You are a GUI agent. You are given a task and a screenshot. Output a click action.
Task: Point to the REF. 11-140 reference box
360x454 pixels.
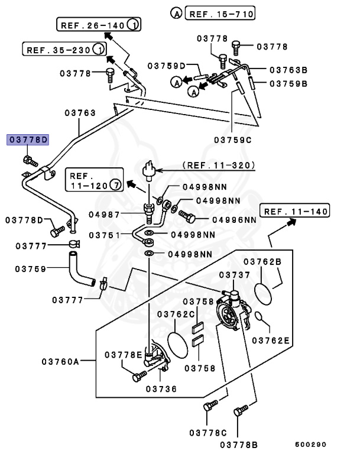[x=295, y=211]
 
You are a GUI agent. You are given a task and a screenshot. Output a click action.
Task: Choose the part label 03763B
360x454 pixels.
[x=289, y=70]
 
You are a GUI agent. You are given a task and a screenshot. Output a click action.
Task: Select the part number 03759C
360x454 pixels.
[x=233, y=140]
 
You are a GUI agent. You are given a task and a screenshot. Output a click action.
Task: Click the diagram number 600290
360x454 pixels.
[x=311, y=444]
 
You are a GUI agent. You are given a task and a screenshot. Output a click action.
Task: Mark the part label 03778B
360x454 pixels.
[x=239, y=444]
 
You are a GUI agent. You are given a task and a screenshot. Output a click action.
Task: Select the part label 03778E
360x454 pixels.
[x=124, y=355]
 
